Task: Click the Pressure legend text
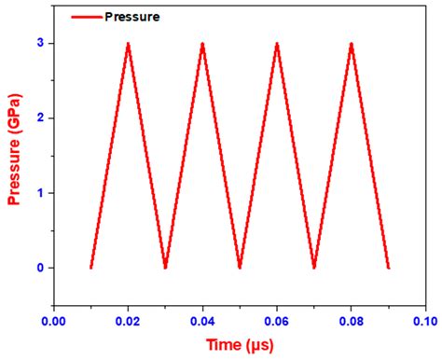point(133,17)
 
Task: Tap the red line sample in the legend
point(85,17)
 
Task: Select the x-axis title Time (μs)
point(240,346)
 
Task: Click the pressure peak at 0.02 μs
point(128,45)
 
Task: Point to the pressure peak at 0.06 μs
point(277,45)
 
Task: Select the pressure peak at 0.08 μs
point(352,45)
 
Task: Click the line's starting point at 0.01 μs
point(91,267)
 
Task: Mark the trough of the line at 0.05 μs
point(240,267)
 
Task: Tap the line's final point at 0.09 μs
point(388,267)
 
